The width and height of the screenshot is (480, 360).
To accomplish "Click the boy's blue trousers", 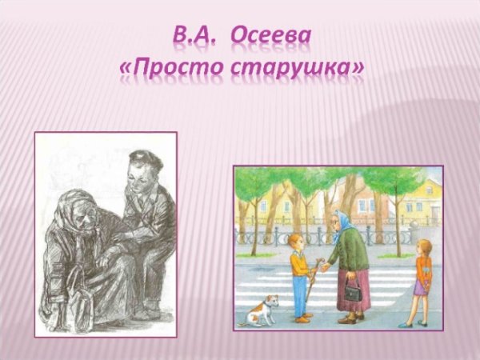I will (300, 296).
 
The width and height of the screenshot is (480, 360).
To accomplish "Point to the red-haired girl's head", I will (423, 247).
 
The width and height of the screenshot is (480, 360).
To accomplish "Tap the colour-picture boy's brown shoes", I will (302, 318).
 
